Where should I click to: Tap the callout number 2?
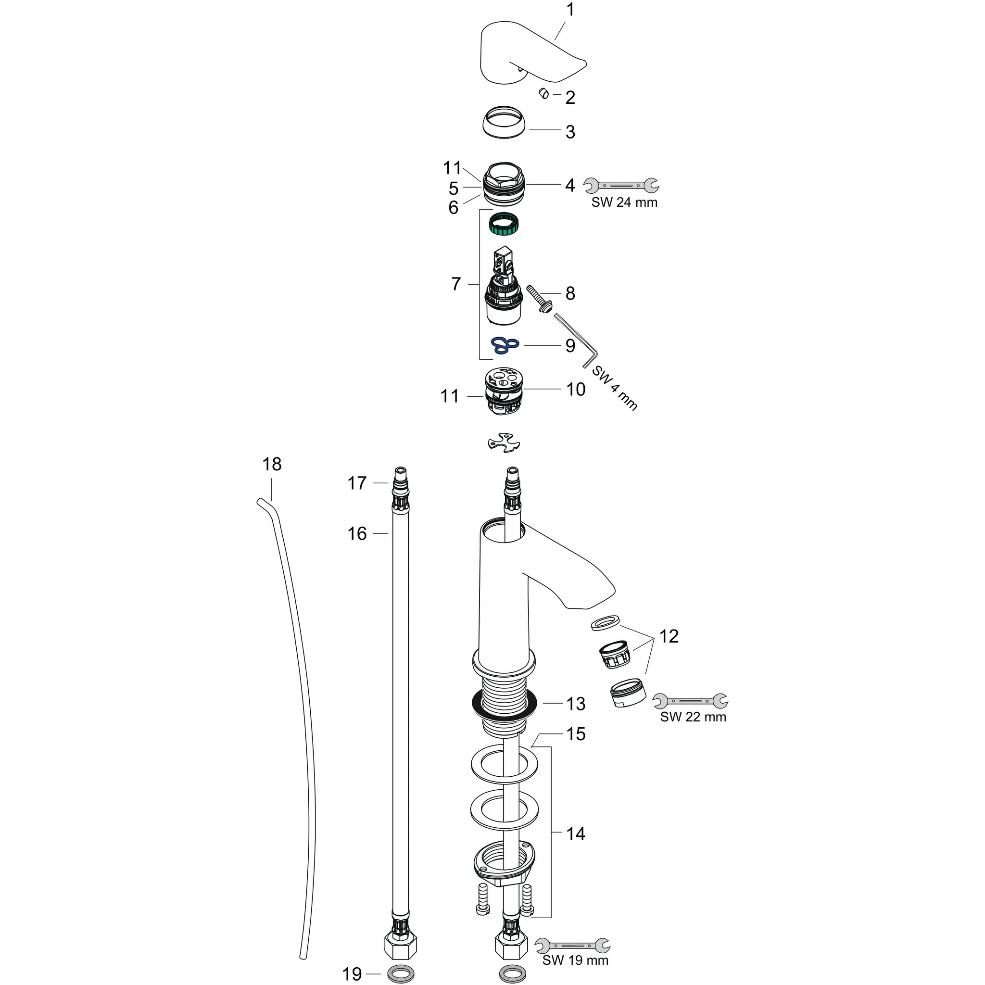pyautogui.click(x=570, y=97)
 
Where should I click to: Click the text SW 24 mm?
pyautogui.click(x=624, y=202)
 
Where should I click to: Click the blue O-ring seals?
pyautogui.click(x=504, y=346)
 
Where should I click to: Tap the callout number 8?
pyautogui.click(x=570, y=293)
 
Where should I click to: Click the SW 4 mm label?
pyautogui.click(x=614, y=389)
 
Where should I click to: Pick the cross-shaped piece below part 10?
pyautogui.click(x=504, y=442)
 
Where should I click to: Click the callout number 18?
pyautogui.click(x=272, y=464)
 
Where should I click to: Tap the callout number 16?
pyautogui.click(x=357, y=534)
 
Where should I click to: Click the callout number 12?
pyautogui.click(x=669, y=636)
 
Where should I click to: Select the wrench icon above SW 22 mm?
pyautogui.click(x=690, y=702)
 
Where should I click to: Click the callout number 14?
pyautogui.click(x=576, y=833)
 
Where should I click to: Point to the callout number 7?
pyautogui.click(x=456, y=283)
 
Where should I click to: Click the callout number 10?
pyautogui.click(x=576, y=390)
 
